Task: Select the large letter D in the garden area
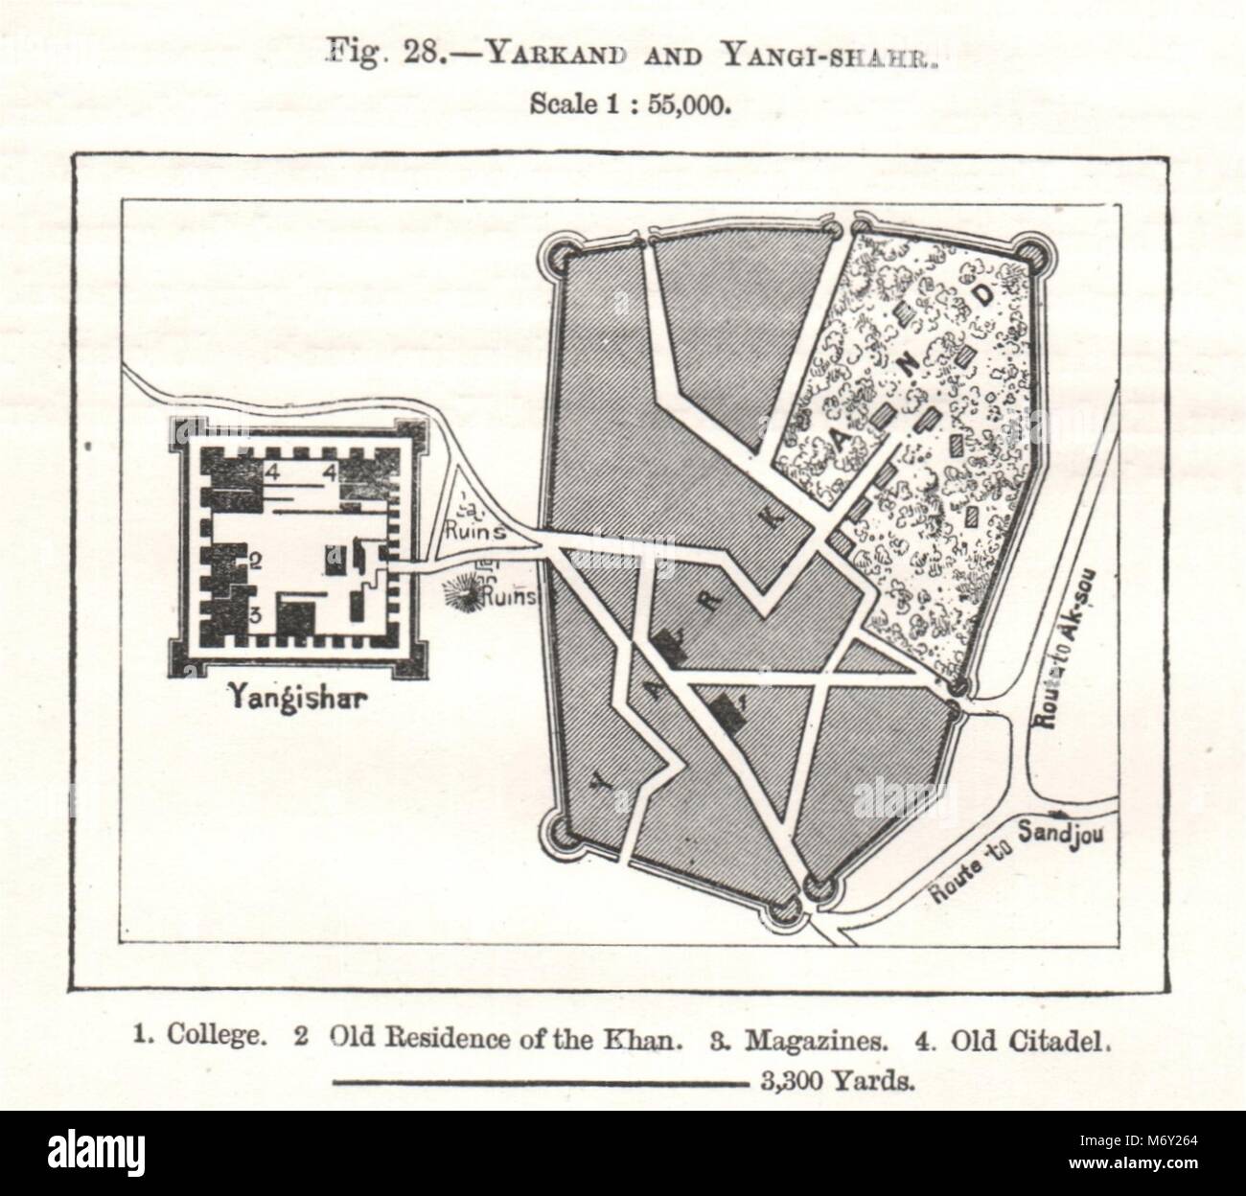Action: coord(981,297)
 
